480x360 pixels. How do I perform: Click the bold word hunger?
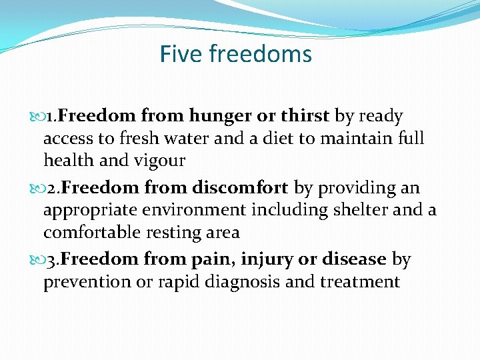click(220, 117)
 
